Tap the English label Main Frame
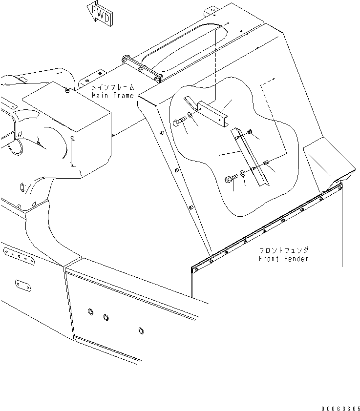[112, 96]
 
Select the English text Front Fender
[283, 259]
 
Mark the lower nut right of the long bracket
[266, 163]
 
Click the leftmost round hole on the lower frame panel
[90, 311]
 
